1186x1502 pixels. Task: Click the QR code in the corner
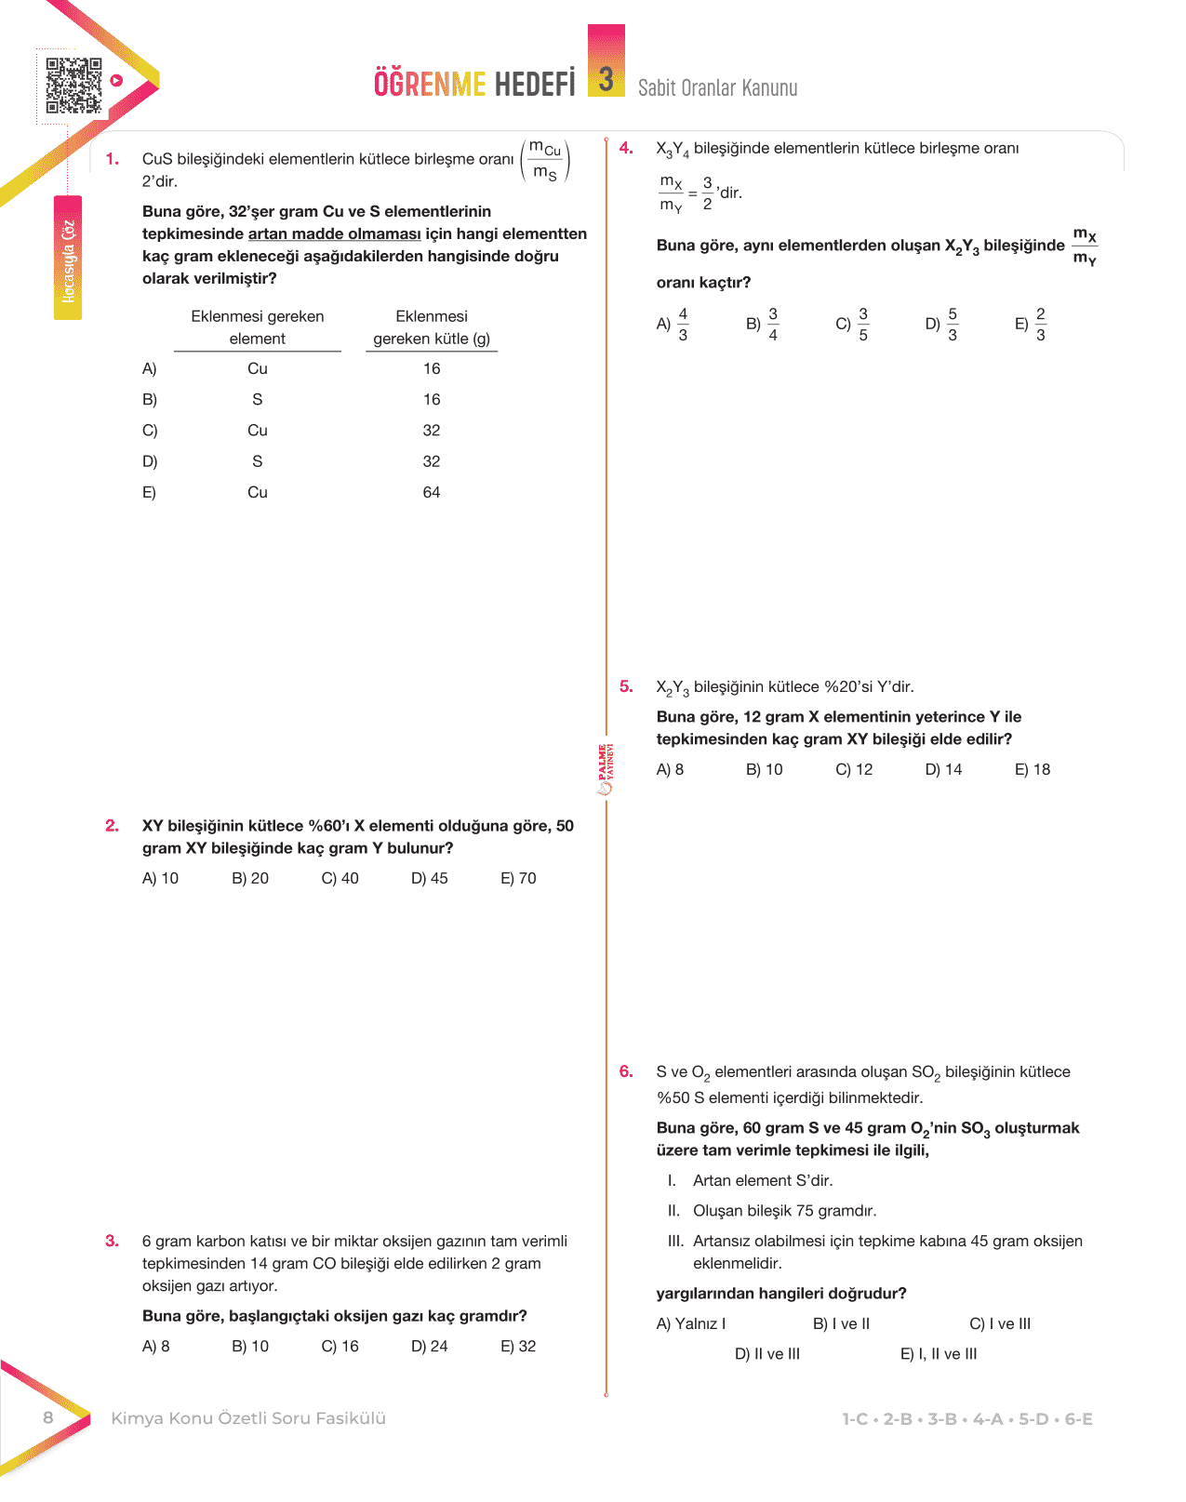(x=73, y=86)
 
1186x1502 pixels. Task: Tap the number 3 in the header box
(x=606, y=79)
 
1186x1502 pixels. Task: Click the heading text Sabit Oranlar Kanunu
(x=717, y=88)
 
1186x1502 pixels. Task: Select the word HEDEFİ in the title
(x=535, y=84)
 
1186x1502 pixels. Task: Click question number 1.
(x=113, y=159)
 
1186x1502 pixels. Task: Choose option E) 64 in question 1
(x=431, y=492)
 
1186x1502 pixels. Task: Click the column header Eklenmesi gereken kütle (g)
(x=432, y=327)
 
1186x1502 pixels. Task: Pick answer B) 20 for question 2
(x=250, y=878)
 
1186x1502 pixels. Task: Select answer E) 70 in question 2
(x=518, y=878)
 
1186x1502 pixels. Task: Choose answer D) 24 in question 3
(x=430, y=1346)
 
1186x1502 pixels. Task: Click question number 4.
(x=626, y=148)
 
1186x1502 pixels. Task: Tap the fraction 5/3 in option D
(x=952, y=325)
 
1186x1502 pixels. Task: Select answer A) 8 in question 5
(x=670, y=769)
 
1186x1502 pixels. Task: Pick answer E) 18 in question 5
(x=1033, y=769)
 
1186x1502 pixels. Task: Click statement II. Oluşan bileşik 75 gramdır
(x=772, y=1210)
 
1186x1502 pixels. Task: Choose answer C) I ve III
(x=1000, y=1323)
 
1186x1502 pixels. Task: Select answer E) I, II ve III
(x=939, y=1354)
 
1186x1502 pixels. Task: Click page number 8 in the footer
(x=48, y=1417)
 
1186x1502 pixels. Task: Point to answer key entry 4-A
(x=987, y=1419)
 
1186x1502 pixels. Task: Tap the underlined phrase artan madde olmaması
(x=334, y=234)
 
